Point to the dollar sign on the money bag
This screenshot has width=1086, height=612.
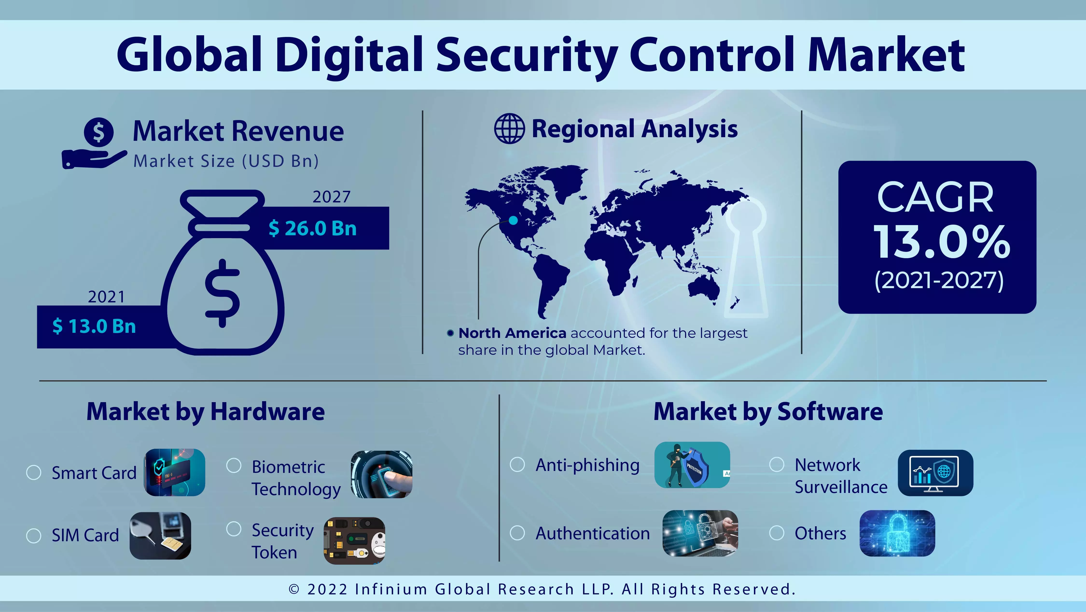pos(222,293)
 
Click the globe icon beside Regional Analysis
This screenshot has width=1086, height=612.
pos(509,129)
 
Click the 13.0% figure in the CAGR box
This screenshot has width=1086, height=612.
pos(941,242)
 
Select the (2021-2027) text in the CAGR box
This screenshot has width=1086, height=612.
pos(939,280)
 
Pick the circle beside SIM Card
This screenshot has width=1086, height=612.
pos(34,536)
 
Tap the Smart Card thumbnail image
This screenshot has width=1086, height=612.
pos(174,472)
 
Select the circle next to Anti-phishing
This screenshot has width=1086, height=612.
pos(517,465)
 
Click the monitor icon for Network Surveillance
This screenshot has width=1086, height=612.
pos(935,473)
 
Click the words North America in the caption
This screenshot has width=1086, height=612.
pos(512,333)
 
